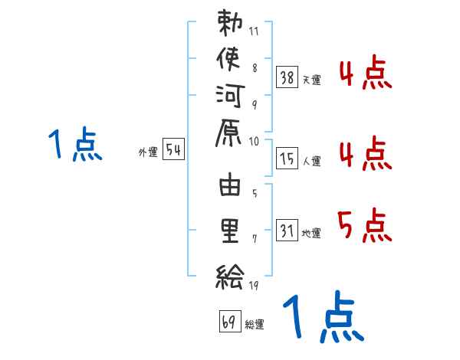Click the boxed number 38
coord(287,77)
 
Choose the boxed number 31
coord(287,231)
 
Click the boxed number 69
coord(229,322)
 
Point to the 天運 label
coord(311,80)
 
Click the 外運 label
coord(148,152)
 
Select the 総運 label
coord(254,324)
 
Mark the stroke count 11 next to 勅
coord(255,32)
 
